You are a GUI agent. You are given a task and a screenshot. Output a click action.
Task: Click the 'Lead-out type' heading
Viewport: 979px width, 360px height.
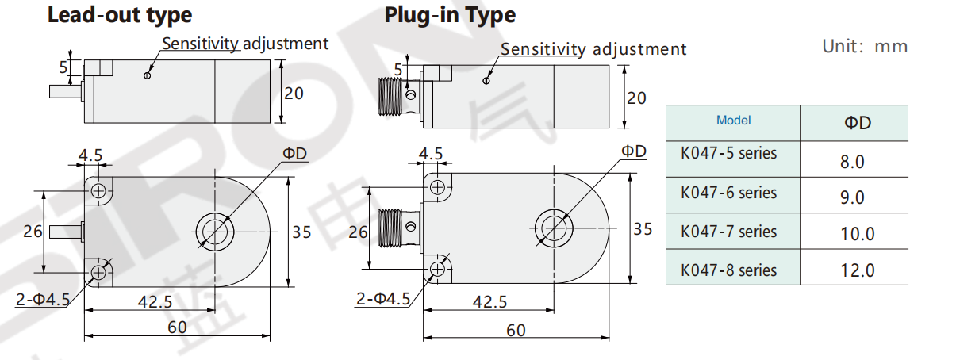tap(119, 15)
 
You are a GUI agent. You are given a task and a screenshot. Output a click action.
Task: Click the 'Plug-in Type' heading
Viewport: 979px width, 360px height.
tap(450, 15)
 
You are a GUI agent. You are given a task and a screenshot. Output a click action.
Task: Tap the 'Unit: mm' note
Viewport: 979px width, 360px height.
tap(864, 46)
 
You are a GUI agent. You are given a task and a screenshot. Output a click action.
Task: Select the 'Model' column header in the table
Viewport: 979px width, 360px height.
tap(733, 121)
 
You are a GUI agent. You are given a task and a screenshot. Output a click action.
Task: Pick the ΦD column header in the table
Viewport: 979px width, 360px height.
tap(854, 123)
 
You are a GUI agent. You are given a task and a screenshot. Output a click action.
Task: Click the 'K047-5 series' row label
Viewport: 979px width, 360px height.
tap(728, 153)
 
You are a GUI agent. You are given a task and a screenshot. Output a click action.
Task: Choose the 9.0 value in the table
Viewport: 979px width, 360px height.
tap(852, 197)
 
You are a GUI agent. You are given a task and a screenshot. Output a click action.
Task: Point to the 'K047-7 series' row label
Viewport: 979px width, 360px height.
tap(728, 232)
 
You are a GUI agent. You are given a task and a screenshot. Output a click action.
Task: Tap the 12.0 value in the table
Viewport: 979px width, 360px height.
tap(857, 270)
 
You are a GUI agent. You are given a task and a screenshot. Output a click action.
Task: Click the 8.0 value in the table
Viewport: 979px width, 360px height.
tap(852, 163)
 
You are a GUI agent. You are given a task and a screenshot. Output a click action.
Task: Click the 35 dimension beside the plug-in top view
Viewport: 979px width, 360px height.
tap(643, 229)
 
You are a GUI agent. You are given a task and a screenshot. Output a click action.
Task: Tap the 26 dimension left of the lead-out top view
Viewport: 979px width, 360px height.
tap(33, 232)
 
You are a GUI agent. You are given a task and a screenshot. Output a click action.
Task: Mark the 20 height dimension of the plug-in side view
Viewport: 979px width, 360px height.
tap(636, 98)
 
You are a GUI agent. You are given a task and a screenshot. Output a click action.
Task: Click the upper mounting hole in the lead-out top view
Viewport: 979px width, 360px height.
tap(98, 190)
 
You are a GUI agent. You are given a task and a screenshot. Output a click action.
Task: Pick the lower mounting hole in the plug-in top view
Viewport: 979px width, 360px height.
tap(436, 270)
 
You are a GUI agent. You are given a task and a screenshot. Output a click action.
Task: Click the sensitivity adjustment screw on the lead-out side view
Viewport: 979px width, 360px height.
tap(147, 76)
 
